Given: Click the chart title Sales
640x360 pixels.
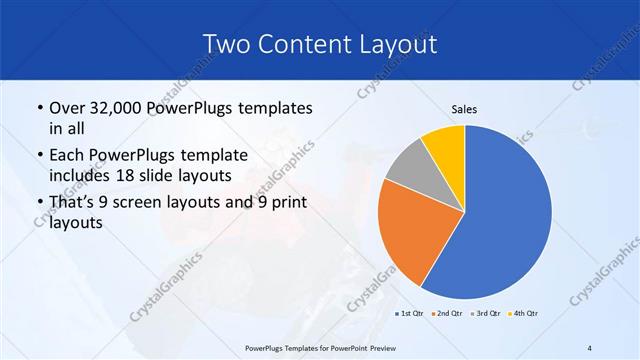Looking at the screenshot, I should click(x=464, y=109).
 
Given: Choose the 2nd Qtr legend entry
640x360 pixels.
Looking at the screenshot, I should click(x=447, y=314).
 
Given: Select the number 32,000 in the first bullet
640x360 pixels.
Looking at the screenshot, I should click(x=120, y=107).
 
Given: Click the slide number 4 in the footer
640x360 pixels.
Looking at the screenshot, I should click(x=589, y=347).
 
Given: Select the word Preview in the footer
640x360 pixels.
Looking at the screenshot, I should click(x=376, y=347).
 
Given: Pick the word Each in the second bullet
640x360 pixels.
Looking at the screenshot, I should click(x=68, y=155).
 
